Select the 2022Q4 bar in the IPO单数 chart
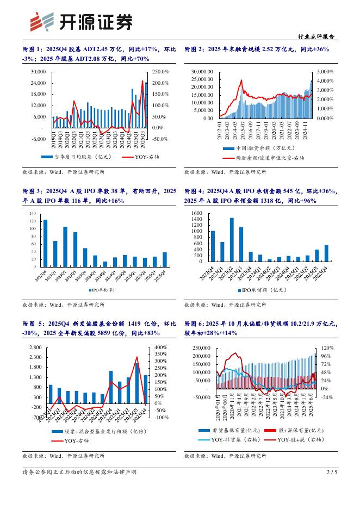coord(45,243)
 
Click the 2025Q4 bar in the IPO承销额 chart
coord(326,254)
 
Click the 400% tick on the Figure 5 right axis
coord(161,347)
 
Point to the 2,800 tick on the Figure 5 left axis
coord(34,347)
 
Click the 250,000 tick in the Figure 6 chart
coord(200,347)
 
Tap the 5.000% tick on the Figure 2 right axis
coord(325,71)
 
